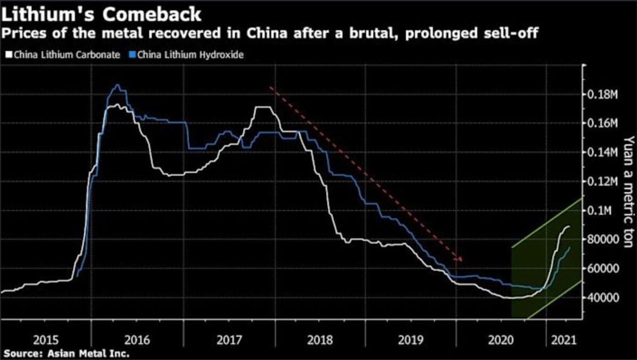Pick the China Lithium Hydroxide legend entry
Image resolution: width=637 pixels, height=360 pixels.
click(x=190, y=55)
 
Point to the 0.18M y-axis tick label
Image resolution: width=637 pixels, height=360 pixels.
click(x=603, y=95)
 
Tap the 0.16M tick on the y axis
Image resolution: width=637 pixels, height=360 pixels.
click(x=603, y=124)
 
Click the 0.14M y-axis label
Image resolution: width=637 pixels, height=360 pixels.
click(x=603, y=153)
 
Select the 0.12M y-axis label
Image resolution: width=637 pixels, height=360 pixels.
click(x=603, y=182)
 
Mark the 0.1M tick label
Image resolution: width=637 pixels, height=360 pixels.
click(x=601, y=210)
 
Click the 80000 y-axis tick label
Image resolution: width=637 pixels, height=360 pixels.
click(x=603, y=239)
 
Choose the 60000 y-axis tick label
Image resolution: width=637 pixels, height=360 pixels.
click(x=603, y=268)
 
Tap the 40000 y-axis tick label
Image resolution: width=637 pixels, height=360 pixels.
click(x=603, y=297)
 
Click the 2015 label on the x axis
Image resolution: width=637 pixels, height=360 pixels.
click(x=45, y=339)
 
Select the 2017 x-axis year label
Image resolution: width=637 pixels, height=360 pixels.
click(x=228, y=339)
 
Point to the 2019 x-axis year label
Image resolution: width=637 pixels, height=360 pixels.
click(x=410, y=339)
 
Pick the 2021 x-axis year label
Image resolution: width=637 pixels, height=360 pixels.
click(x=562, y=339)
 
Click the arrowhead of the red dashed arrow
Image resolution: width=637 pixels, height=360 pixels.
click(x=460, y=260)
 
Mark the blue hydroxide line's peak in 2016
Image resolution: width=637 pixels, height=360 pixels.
click(x=117, y=86)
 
